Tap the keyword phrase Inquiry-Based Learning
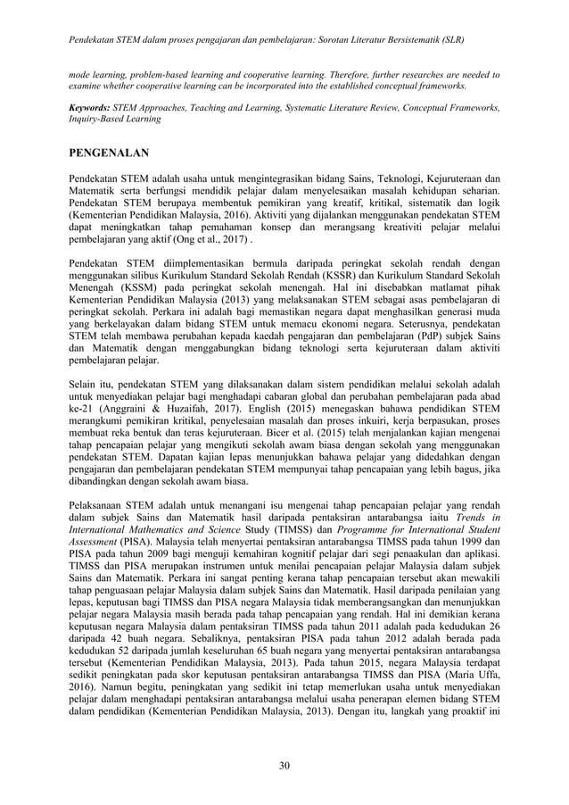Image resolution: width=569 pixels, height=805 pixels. point(115,119)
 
